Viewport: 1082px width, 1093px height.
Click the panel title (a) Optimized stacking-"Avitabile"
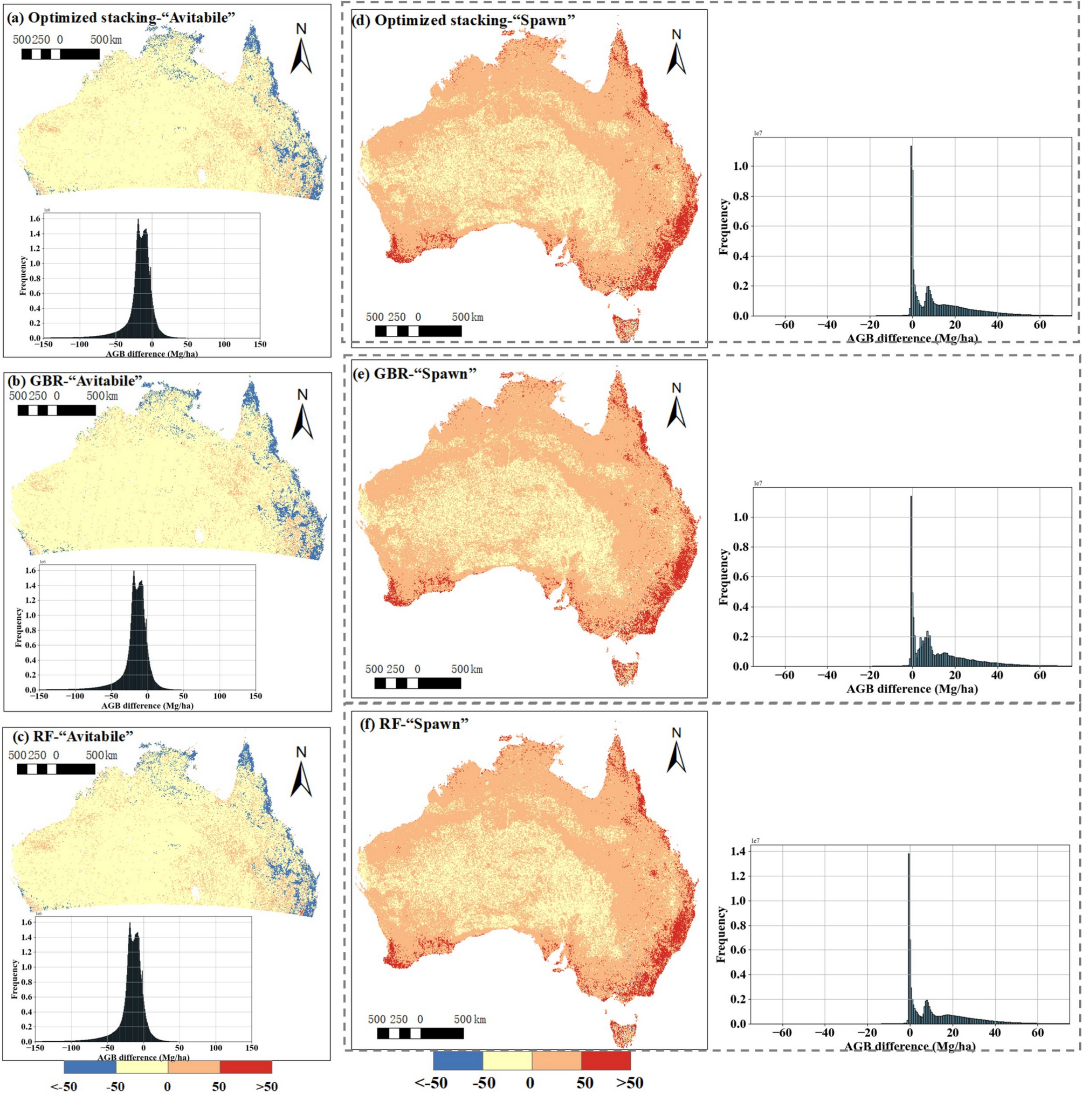(121, 18)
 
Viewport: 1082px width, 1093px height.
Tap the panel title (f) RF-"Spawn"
(414, 724)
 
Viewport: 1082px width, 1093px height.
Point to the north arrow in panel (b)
(302, 415)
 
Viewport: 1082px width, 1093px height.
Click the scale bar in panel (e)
(418, 683)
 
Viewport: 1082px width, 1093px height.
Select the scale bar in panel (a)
(60, 54)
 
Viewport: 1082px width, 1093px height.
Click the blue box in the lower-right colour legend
(457, 1060)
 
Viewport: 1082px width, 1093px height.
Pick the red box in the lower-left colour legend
(246, 1067)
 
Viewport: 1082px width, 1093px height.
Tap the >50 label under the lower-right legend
(629, 1083)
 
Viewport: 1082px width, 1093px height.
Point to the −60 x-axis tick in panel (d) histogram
(784, 325)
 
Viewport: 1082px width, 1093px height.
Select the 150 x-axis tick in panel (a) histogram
(260, 344)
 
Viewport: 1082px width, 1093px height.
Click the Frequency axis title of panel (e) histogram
(723, 577)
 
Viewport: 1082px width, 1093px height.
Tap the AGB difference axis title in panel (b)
(147, 705)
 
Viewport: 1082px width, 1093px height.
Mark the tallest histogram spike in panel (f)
(909, 855)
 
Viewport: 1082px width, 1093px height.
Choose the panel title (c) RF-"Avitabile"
(72, 736)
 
